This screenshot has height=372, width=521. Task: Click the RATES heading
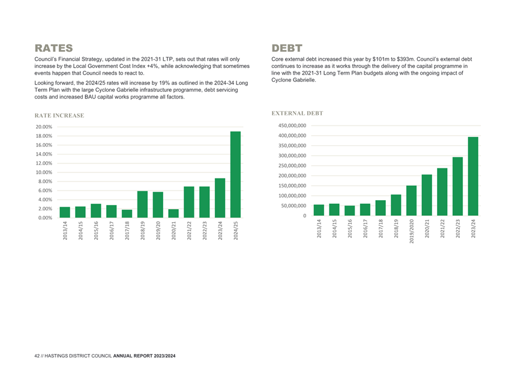pyautogui.click(x=53, y=48)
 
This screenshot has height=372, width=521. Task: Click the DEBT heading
pyautogui.click(x=287, y=48)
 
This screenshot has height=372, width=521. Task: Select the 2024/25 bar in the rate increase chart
pyautogui.click(x=235, y=175)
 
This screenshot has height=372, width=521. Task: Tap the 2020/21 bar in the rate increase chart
pyautogui.click(x=173, y=213)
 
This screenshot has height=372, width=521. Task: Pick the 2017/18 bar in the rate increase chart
pyautogui.click(x=127, y=213)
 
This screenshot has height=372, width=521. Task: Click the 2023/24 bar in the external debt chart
pyautogui.click(x=473, y=176)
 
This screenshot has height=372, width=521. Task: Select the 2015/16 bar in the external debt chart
pyautogui.click(x=349, y=210)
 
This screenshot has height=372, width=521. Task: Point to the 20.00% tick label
pyautogui.click(x=44, y=127)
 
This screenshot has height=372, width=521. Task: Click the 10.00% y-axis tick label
pyautogui.click(x=44, y=172)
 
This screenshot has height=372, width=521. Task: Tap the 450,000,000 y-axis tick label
pyautogui.click(x=292, y=126)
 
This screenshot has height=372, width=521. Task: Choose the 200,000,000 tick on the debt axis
pyautogui.click(x=292, y=175)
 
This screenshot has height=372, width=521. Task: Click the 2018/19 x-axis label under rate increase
pyautogui.click(x=142, y=231)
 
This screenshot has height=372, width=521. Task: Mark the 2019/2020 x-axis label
pyautogui.click(x=411, y=231)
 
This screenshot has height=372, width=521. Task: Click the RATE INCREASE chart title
pyautogui.click(x=59, y=116)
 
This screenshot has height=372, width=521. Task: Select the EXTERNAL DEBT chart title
pyautogui.click(x=297, y=114)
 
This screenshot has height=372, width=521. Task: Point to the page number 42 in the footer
pyautogui.click(x=37, y=356)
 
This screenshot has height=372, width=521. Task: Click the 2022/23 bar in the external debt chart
pyautogui.click(x=457, y=186)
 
